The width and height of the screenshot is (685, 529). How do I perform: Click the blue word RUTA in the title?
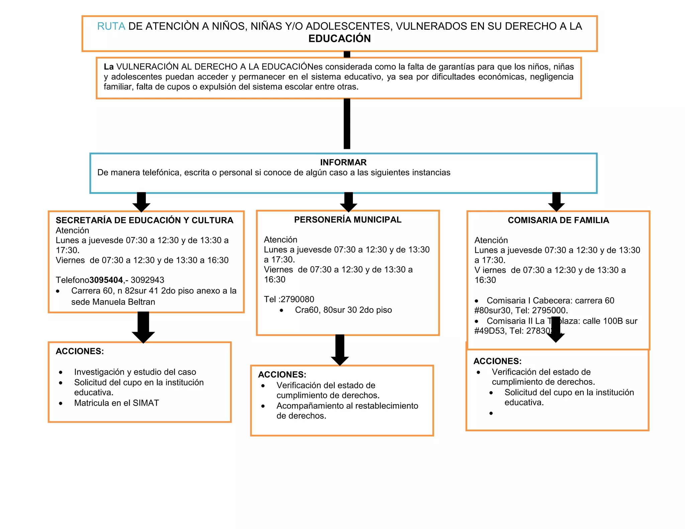[x=111, y=26]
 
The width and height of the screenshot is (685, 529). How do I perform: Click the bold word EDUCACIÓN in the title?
[x=339, y=39]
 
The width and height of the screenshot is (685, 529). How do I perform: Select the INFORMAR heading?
[x=343, y=163]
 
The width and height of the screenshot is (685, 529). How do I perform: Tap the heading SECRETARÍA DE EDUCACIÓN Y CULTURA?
[x=144, y=220]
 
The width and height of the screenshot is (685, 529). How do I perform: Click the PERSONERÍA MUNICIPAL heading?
[x=348, y=220]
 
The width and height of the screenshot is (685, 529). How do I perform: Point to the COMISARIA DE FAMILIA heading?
[x=558, y=220]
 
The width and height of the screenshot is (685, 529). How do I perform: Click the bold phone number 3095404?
[x=106, y=280]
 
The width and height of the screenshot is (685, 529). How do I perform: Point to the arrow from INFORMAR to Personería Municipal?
[x=348, y=202]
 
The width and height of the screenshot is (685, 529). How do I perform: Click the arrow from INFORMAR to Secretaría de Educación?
[x=141, y=202]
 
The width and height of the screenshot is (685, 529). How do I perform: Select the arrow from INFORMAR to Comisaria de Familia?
[x=556, y=202]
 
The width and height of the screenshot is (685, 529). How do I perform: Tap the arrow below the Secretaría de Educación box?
[x=143, y=327]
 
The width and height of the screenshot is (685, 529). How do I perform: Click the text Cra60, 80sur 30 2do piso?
[x=343, y=310]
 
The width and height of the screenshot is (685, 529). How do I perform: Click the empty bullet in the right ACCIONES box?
[x=491, y=414]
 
